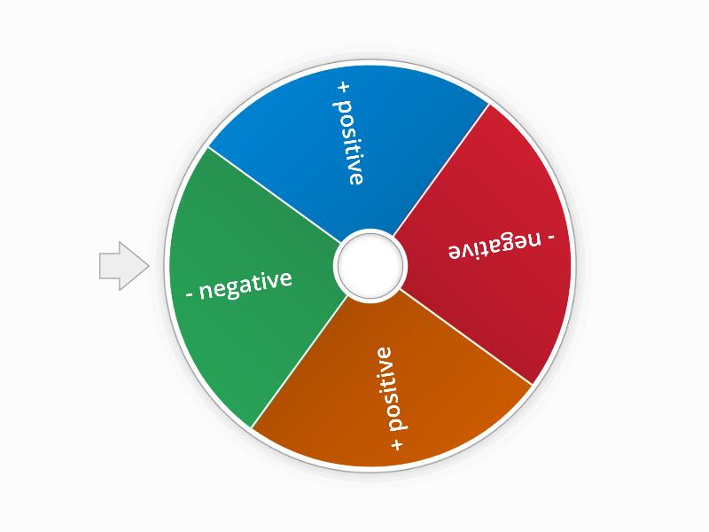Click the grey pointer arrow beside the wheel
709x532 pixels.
click(x=122, y=266)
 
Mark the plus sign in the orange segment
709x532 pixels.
click(x=396, y=441)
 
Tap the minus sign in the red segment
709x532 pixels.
click(x=550, y=237)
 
